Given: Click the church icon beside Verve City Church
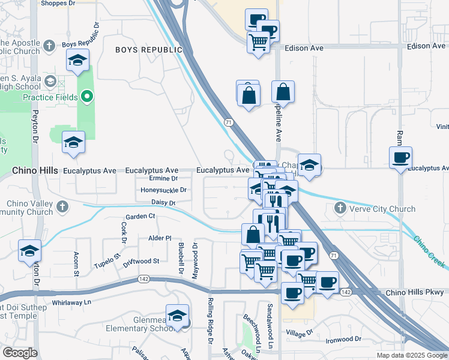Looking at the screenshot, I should (x=340, y=209).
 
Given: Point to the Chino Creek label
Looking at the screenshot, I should (x=429, y=251).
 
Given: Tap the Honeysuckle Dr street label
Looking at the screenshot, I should (x=164, y=190).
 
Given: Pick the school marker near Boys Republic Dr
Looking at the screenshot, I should (x=77, y=60).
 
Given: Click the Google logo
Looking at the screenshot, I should (x=19, y=353).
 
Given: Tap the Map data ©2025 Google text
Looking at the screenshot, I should (x=412, y=355).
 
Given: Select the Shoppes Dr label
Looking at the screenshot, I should (x=57, y=3).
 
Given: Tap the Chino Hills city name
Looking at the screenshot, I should (x=35, y=171).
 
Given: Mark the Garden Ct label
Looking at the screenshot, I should (x=140, y=216).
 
